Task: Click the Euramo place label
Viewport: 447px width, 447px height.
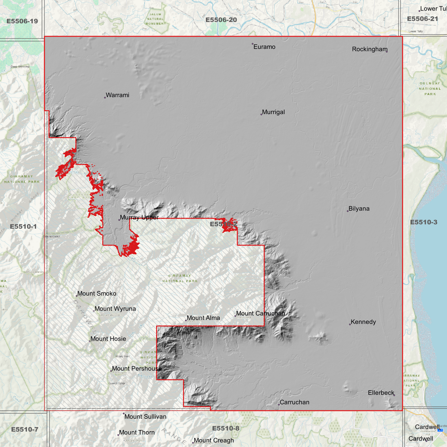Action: (264, 47)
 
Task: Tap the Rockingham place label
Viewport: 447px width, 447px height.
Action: (369, 49)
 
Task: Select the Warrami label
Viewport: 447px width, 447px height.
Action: (117, 95)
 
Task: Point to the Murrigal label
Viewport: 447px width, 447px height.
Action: (273, 112)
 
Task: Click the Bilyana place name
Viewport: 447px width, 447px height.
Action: (359, 209)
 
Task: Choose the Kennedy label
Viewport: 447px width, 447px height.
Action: (363, 322)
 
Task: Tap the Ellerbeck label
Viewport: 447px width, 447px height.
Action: (381, 393)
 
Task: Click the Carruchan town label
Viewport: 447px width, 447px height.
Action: (294, 402)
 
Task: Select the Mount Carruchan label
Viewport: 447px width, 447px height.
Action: (260, 314)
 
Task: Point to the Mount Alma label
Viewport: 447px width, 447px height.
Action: (203, 318)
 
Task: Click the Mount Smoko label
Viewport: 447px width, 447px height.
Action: (97, 294)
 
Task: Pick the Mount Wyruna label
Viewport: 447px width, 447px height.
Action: (115, 309)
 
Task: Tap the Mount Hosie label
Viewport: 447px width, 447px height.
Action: (108, 339)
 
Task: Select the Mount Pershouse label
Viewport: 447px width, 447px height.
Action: (136, 369)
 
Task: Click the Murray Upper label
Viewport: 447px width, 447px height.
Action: (139, 217)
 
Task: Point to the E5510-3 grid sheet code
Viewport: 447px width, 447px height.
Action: (423, 222)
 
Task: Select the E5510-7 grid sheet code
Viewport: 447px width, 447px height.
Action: (24, 429)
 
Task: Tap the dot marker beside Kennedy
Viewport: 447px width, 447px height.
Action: (350, 325)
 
